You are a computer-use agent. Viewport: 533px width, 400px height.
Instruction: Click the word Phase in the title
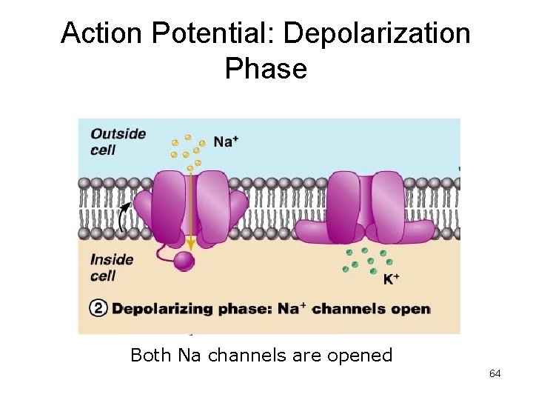[x=266, y=68]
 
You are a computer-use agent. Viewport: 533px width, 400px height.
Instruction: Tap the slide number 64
[x=495, y=373]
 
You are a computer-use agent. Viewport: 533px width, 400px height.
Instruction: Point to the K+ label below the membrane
[x=392, y=279]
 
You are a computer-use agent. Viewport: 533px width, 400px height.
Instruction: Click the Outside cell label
[x=118, y=141]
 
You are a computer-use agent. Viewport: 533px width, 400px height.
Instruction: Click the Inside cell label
[x=112, y=267]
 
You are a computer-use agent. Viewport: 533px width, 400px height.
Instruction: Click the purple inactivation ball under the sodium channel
[x=184, y=260]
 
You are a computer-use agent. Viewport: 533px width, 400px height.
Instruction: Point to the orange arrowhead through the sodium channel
[x=190, y=243]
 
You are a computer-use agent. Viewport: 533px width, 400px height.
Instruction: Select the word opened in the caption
[x=358, y=356]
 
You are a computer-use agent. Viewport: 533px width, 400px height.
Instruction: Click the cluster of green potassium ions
[x=366, y=260]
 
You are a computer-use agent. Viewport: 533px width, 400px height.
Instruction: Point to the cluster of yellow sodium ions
[x=186, y=149]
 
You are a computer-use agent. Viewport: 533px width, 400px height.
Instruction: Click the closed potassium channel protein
[x=366, y=207]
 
